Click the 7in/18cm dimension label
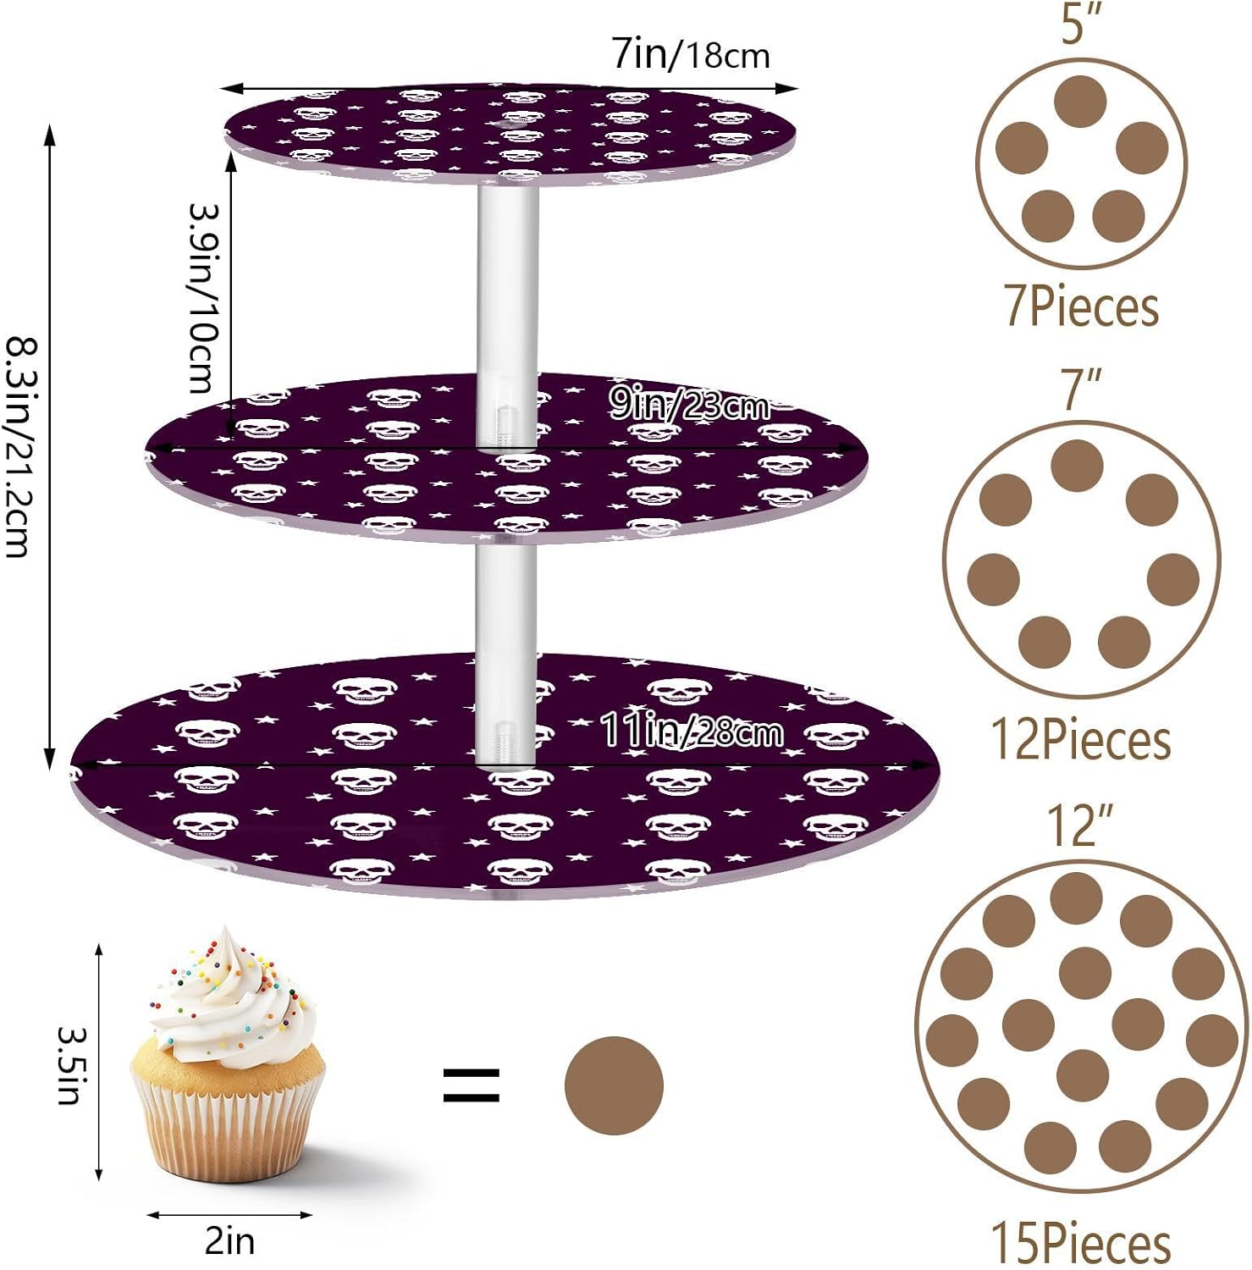point(691,55)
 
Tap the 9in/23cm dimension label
point(690,406)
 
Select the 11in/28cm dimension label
point(691,730)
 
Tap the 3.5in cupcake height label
point(69,1065)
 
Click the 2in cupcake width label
point(229,1241)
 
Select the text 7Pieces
point(1081,306)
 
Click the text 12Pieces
point(1081,739)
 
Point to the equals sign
point(472,1085)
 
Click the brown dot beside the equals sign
point(614,1085)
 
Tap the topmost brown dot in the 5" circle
point(1081,102)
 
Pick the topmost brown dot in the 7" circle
point(1077,465)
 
